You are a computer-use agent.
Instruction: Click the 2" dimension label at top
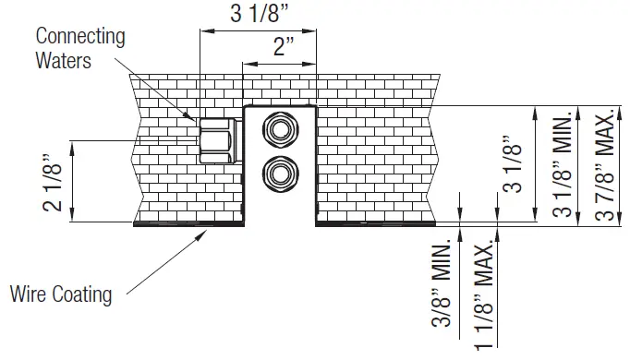point(284,46)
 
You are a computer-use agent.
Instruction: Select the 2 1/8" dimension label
point(53,182)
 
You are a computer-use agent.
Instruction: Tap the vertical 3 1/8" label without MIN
point(512,163)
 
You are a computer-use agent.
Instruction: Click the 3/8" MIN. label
point(442,283)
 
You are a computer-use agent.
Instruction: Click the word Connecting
point(80,37)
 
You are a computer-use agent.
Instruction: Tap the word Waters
point(63,61)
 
